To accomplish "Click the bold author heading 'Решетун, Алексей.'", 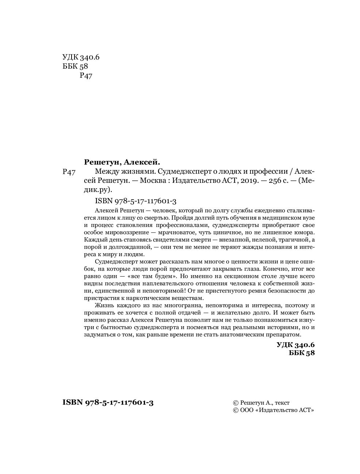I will click(x=122, y=162).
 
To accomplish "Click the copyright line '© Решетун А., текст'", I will click(x=261, y=403).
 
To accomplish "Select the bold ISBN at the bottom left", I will click(x=108, y=402).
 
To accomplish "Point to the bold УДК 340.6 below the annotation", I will click(x=295, y=345).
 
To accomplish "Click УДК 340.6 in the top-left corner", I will click(x=81, y=57).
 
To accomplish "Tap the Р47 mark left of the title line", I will click(x=69, y=172).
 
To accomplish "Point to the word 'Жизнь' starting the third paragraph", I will click(x=103, y=305).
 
